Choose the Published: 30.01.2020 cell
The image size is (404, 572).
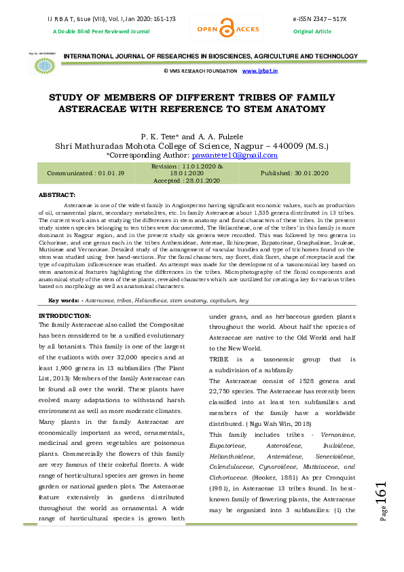[x=295, y=173]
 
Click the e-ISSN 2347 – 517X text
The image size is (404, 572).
[x=319, y=18]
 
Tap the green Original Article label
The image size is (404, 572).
[x=312, y=31]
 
